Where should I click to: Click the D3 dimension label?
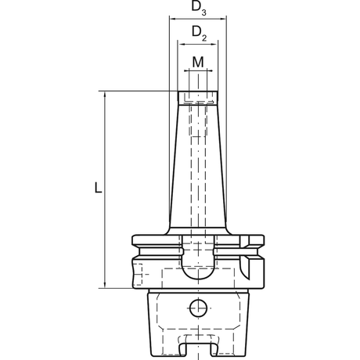pyautogui.click(x=198, y=10)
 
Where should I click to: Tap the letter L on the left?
pyautogui.click(x=95, y=189)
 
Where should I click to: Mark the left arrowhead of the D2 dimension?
pyautogui.click(x=181, y=44)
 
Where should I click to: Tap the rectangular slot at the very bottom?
pyautogui.click(x=198, y=344)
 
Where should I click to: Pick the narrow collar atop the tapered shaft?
pyautogui.click(x=198, y=98)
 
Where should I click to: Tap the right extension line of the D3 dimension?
pyautogui.click(x=226, y=117)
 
